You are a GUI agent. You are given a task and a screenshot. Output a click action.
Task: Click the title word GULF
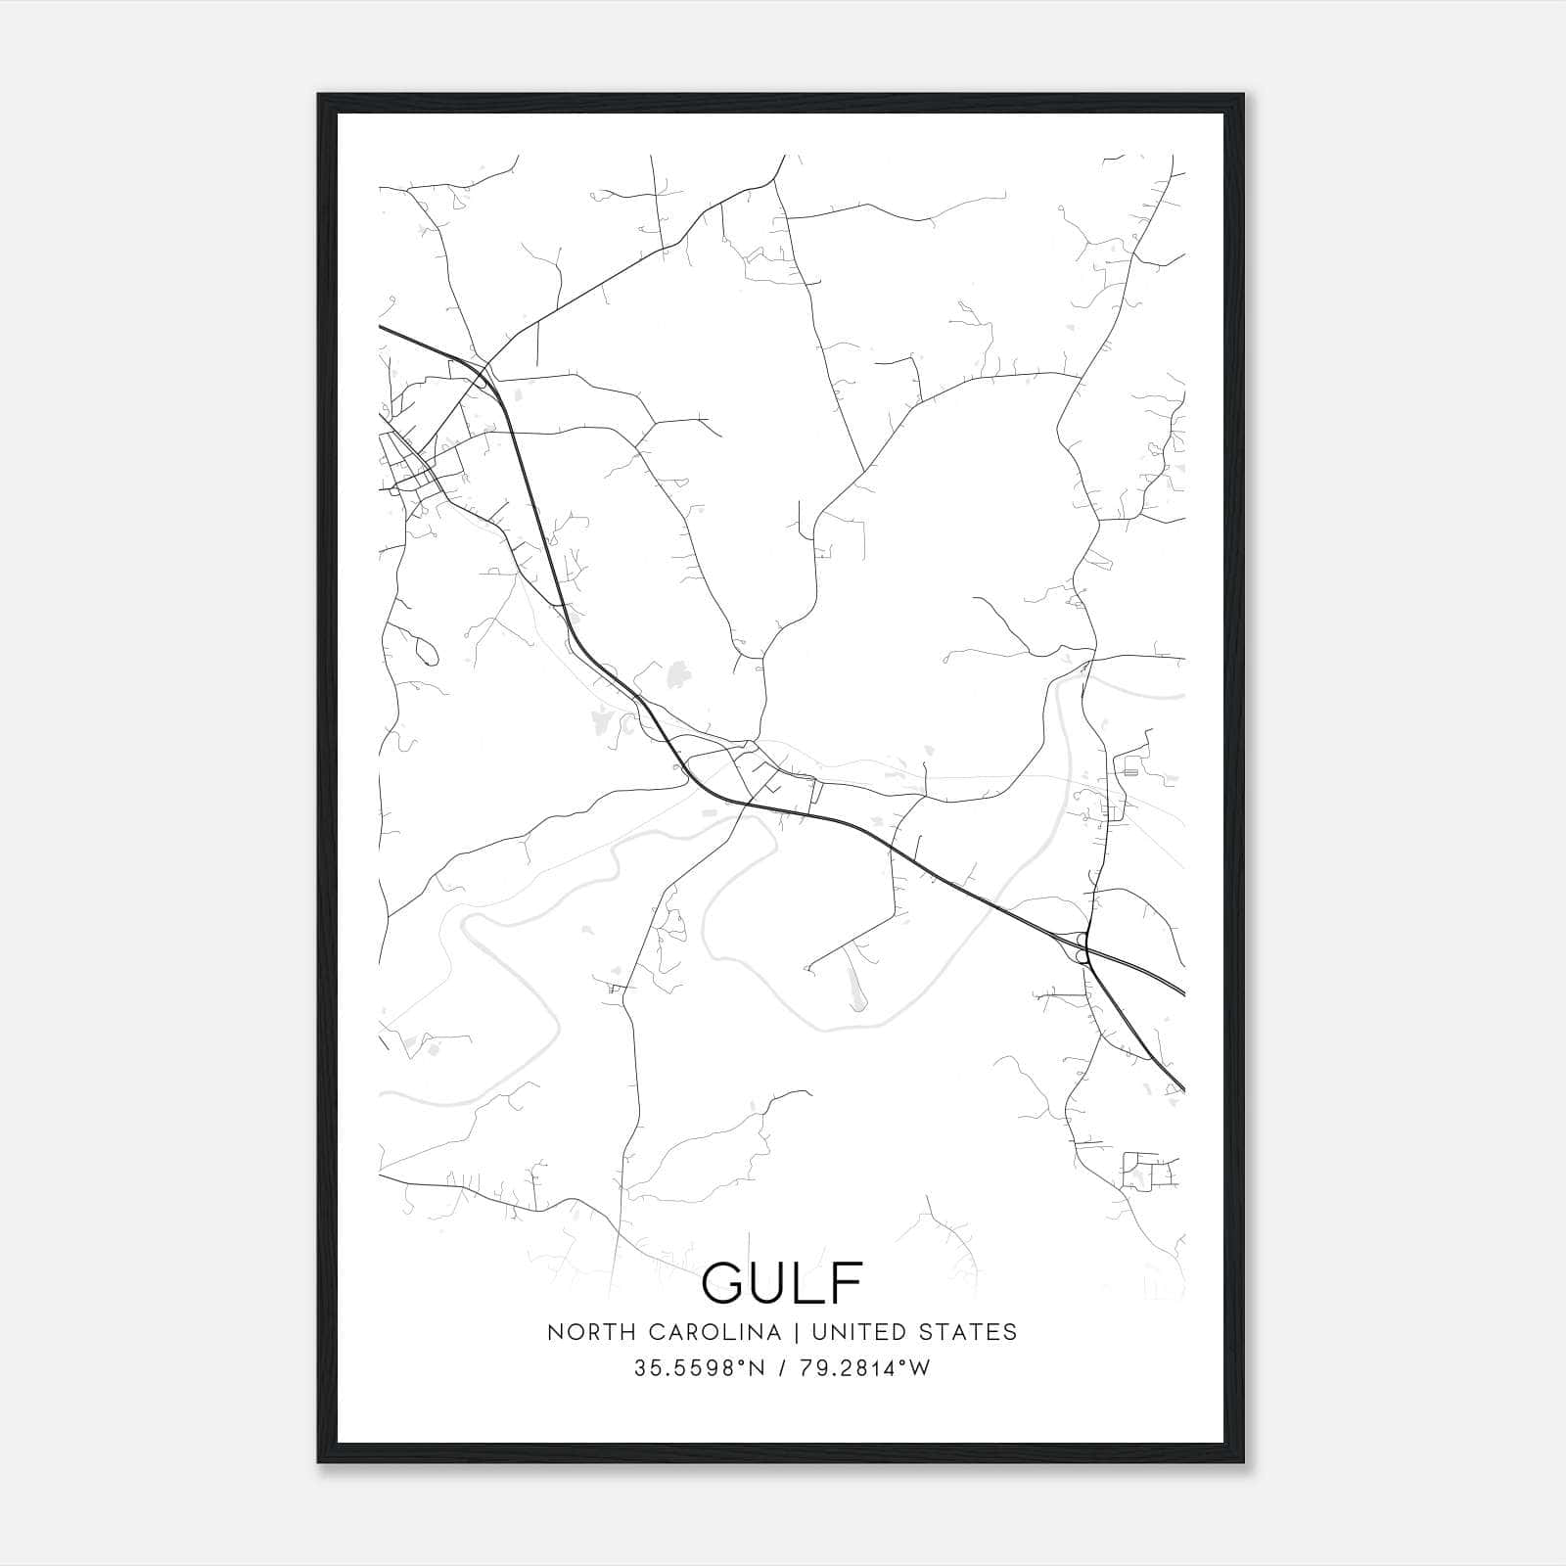click(782, 1282)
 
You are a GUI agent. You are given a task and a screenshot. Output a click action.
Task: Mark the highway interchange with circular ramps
click(1082, 946)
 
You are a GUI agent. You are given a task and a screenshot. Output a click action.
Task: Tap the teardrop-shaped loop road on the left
click(427, 648)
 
